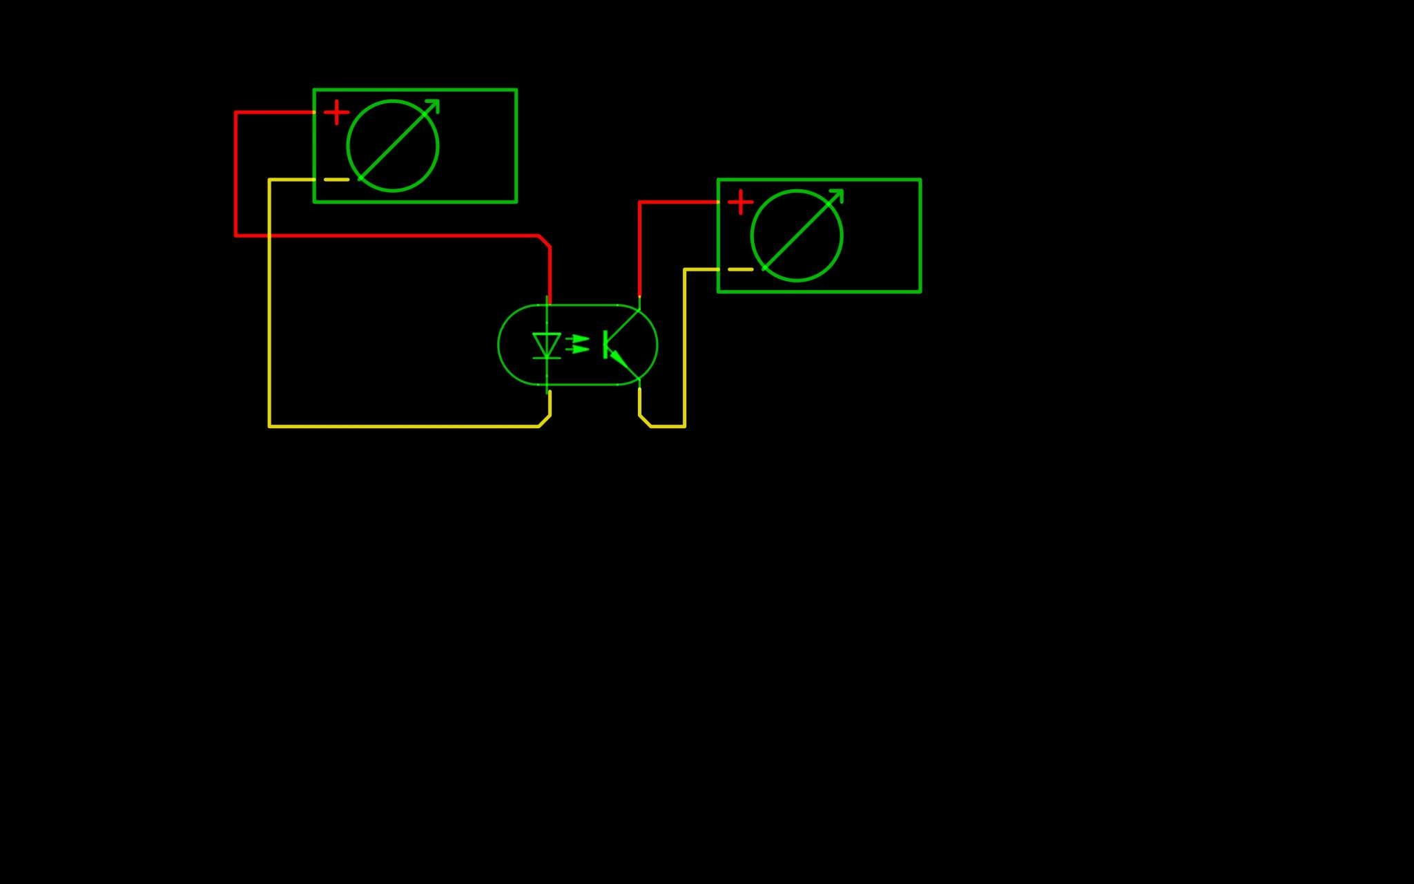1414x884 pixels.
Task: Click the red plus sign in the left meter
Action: tap(336, 113)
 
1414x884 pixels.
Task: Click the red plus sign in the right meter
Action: tap(740, 202)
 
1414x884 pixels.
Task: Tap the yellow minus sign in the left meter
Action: tap(336, 180)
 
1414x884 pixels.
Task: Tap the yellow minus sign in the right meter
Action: tap(740, 269)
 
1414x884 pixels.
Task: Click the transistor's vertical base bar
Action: tap(606, 344)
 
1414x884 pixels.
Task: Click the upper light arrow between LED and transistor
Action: tap(579, 338)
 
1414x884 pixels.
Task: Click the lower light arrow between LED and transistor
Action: tap(579, 349)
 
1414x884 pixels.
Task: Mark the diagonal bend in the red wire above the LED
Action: tap(544, 241)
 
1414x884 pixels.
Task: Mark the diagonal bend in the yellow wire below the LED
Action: tap(545, 421)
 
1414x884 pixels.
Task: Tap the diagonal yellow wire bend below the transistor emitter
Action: tap(645, 421)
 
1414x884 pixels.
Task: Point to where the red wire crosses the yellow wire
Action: tap(269, 236)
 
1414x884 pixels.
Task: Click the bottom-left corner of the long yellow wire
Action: tap(269, 426)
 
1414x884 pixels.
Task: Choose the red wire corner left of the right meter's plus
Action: tap(640, 202)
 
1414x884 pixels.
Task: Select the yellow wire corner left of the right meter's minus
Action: tap(685, 269)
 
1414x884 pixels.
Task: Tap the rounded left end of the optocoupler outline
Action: tap(499, 345)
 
